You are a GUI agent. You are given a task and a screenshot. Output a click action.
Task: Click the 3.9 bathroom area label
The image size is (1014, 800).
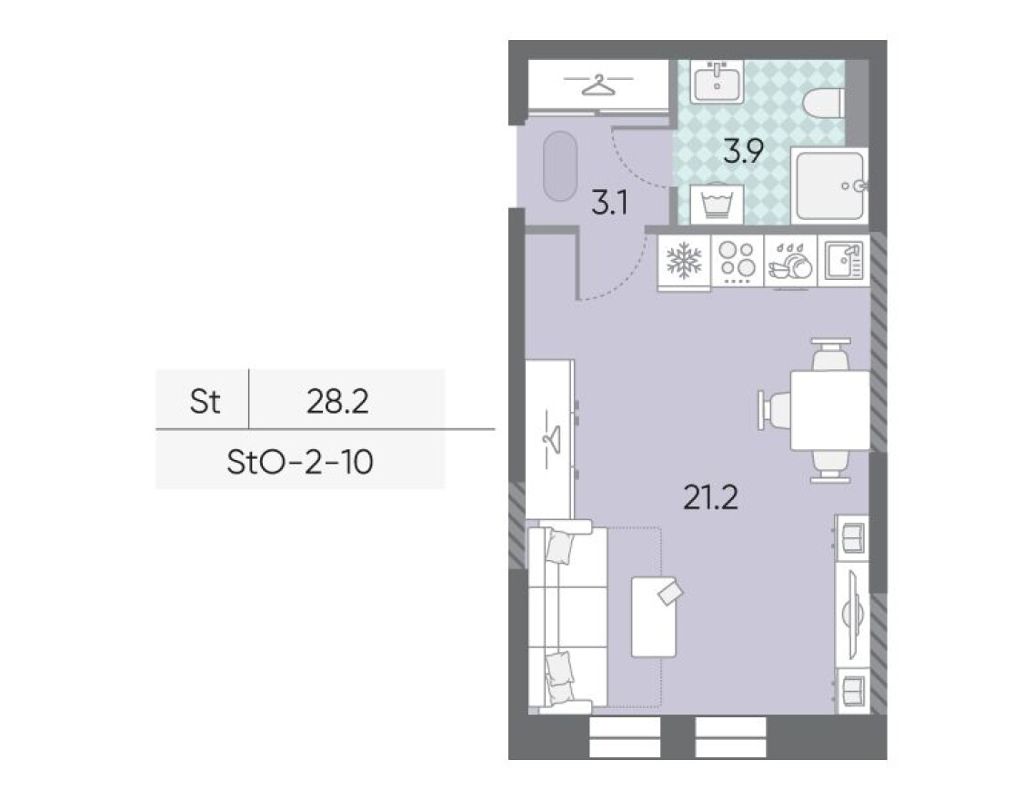(742, 151)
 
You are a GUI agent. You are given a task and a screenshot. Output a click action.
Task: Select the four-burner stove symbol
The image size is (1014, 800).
(737, 262)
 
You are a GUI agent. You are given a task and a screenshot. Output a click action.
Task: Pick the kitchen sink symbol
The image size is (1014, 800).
(842, 262)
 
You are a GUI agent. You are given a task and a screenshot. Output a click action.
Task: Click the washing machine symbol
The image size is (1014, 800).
(717, 204)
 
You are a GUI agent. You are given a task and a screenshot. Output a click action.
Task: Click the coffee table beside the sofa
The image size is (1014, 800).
(654, 615)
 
